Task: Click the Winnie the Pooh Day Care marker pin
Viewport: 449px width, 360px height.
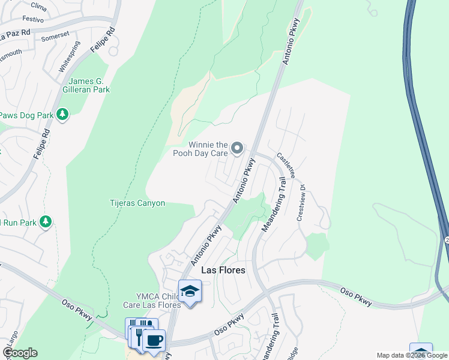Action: (x=237, y=148)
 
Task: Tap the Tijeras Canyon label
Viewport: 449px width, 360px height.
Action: (x=137, y=203)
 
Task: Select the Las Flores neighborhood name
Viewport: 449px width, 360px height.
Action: (x=223, y=270)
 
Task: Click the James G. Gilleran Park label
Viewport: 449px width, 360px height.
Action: (x=89, y=85)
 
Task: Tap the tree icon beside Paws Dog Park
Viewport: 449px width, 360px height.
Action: (x=62, y=114)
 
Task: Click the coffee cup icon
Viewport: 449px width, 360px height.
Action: (x=154, y=340)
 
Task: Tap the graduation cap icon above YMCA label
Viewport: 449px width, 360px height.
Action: (x=190, y=291)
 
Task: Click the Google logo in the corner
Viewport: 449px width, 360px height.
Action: (x=20, y=353)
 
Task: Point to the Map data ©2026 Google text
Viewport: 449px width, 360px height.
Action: (x=411, y=355)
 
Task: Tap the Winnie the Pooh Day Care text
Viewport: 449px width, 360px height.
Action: (x=208, y=149)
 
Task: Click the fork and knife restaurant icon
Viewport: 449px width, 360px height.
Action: (x=139, y=334)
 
